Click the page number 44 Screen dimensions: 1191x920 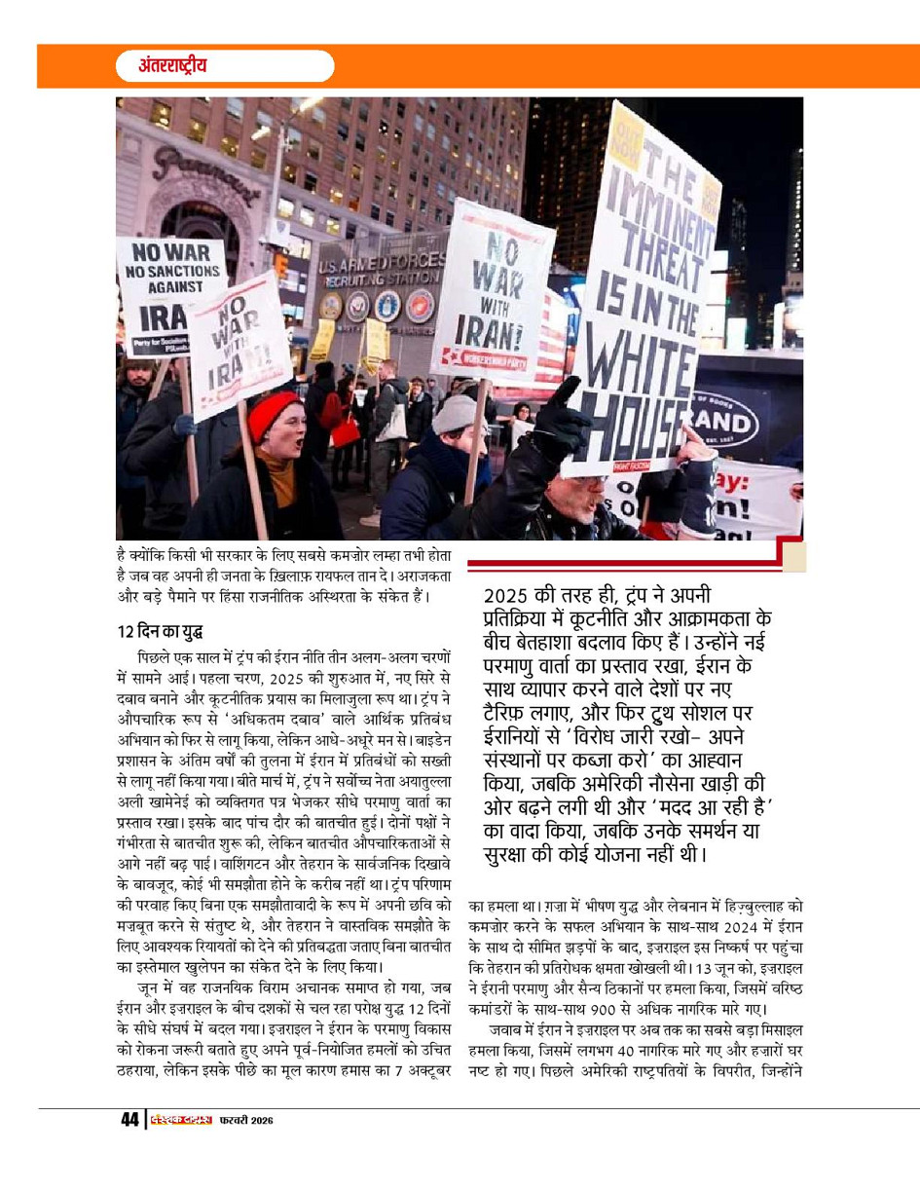coord(129,1120)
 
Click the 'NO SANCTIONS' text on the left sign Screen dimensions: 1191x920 coord(170,269)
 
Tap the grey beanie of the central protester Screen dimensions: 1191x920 coord(458,413)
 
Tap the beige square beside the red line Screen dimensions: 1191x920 coord(793,556)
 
